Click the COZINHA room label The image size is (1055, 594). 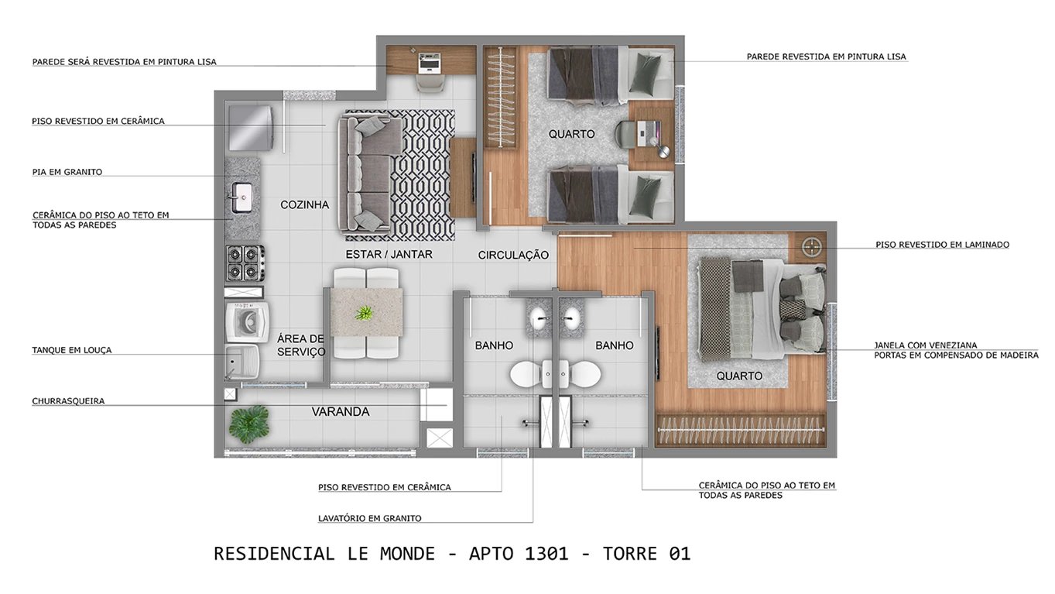point(304,205)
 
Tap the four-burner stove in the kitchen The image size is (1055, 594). point(245,263)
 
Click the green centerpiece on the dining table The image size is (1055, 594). point(364,313)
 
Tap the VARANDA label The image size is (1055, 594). point(341,412)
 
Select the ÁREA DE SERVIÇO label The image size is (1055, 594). point(301,345)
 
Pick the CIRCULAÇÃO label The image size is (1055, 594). point(513,255)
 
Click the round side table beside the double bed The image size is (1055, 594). point(811,247)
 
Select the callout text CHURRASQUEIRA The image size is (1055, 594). point(68,401)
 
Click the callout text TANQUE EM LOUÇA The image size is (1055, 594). point(72,350)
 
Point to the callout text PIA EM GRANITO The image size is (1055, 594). point(67,172)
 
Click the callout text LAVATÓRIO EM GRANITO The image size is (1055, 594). point(369,518)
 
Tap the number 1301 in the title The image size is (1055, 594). point(546,554)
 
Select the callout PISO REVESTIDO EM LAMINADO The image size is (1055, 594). point(942,245)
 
